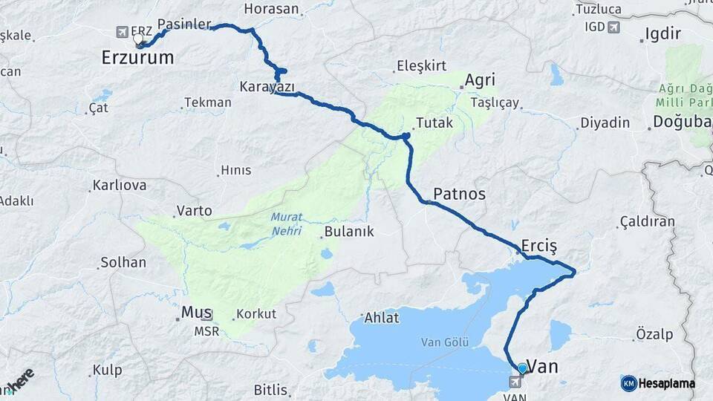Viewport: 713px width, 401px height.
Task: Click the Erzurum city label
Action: (x=137, y=57)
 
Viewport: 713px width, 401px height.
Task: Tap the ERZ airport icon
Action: (x=123, y=32)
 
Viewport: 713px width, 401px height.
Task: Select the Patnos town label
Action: (x=459, y=194)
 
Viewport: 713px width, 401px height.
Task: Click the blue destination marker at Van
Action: (x=522, y=368)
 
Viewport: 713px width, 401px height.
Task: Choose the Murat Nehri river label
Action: (x=286, y=224)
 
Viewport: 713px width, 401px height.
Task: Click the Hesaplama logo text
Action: (x=666, y=383)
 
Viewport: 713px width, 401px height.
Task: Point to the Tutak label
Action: (x=434, y=123)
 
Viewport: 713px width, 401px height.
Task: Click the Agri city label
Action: (x=479, y=80)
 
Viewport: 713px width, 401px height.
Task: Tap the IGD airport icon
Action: (x=613, y=27)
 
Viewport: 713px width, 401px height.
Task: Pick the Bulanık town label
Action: (x=349, y=232)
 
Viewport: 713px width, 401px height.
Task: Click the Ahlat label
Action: (x=382, y=318)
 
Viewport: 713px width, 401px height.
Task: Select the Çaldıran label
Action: (x=647, y=221)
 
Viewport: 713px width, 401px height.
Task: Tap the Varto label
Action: (x=194, y=211)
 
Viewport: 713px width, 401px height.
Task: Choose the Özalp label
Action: (x=654, y=335)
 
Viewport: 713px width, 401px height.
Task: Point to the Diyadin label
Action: (x=605, y=123)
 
